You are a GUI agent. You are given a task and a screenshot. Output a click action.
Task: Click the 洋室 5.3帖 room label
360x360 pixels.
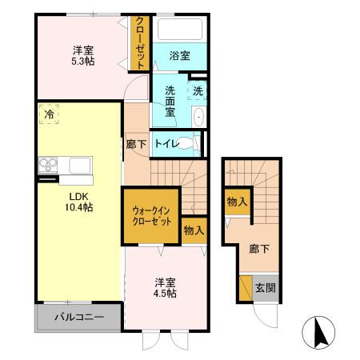pos(80,54)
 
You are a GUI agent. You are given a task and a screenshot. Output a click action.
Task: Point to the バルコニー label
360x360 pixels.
pos(79,317)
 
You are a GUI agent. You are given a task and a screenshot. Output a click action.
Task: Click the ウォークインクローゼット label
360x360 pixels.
pos(152,216)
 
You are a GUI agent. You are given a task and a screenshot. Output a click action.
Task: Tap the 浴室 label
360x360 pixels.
pos(179,55)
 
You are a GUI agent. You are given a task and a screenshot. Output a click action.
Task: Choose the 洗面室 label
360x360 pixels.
pos(170,101)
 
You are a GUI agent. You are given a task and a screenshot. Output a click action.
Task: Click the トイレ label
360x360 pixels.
pos(166,144)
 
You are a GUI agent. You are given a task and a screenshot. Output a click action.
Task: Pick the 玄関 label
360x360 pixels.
pos(265,287)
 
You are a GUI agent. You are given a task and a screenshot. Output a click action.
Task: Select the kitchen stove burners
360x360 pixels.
pos(48,166)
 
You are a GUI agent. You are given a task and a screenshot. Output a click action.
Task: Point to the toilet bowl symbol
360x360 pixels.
pos(188,144)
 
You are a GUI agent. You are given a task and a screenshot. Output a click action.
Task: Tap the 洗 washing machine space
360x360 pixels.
pos(198,90)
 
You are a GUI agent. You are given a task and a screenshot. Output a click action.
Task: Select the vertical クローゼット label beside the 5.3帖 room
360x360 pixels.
pos(140,44)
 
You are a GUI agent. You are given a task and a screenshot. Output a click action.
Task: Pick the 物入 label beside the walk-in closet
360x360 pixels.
pos(194,230)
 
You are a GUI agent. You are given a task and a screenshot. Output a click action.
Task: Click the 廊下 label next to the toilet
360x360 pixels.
pos(136,144)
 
